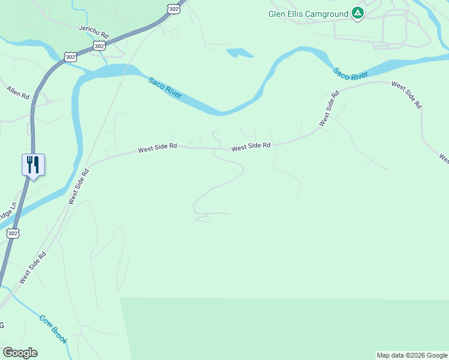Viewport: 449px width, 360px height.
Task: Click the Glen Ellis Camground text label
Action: coord(309,13)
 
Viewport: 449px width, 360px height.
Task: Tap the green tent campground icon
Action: coord(358,13)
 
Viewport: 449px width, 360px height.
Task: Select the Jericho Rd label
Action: coord(94,30)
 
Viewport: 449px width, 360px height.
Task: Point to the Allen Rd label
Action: coord(18,92)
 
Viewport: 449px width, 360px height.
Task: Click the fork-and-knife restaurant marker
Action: coord(33,164)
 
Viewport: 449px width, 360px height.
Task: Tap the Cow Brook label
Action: coord(53,329)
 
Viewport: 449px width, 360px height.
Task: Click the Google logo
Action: coord(20,353)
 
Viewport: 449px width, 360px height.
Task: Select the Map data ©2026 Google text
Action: coord(412,355)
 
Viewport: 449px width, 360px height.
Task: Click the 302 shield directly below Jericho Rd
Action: coord(100,46)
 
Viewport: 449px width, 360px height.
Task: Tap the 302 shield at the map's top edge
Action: coord(173,8)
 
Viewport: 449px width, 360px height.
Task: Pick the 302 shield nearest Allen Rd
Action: coord(70,57)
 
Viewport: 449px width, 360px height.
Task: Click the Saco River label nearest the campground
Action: coord(351,74)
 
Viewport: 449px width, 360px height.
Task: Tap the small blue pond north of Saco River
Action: coord(240,53)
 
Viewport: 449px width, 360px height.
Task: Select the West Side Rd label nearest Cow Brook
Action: coord(32,268)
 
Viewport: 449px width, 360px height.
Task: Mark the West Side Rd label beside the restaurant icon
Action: coord(78,186)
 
